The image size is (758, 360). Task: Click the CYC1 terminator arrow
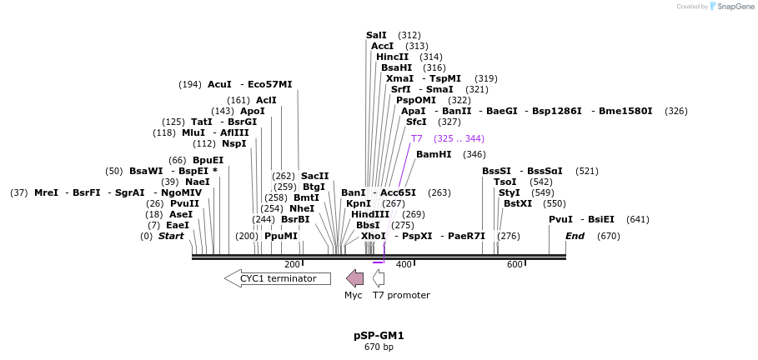(277, 278)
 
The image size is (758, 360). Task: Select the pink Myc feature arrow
(354, 278)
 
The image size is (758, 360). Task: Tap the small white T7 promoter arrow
(379, 278)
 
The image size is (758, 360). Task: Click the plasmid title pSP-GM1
(379, 336)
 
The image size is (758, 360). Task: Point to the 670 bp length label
(379, 347)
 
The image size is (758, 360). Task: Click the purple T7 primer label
(417, 138)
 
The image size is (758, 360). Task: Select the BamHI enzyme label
(433, 154)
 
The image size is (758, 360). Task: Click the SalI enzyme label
(376, 35)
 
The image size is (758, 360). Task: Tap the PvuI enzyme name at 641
(560, 219)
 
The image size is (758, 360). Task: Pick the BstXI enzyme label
(517, 203)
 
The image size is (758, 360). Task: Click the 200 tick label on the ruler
(292, 265)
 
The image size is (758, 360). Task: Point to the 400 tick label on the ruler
(404, 265)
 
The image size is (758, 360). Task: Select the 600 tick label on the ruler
(515, 265)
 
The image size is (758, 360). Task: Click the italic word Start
(171, 236)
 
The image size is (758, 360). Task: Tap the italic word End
(575, 236)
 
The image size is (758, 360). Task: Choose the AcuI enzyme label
(219, 84)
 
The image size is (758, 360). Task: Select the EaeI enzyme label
(178, 225)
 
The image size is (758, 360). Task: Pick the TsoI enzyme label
(504, 182)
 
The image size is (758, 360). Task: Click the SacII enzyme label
(314, 176)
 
